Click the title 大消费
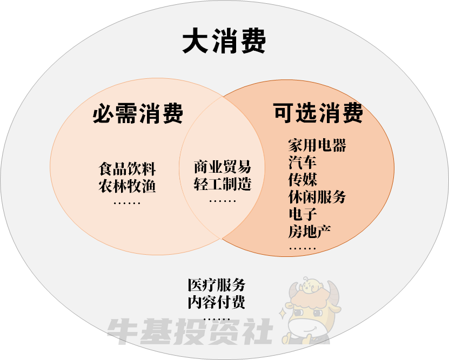(x=224, y=42)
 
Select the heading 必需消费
(x=138, y=113)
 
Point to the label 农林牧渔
(x=127, y=186)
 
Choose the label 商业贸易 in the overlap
(x=222, y=166)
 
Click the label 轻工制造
(x=222, y=184)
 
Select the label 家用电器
(x=317, y=145)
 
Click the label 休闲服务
(x=317, y=197)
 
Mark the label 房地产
(x=310, y=232)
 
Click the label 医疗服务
(x=216, y=284)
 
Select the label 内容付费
(x=216, y=302)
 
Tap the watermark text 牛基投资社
(x=189, y=330)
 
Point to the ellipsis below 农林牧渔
(x=127, y=203)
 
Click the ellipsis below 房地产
(x=303, y=249)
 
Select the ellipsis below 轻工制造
(x=222, y=201)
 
